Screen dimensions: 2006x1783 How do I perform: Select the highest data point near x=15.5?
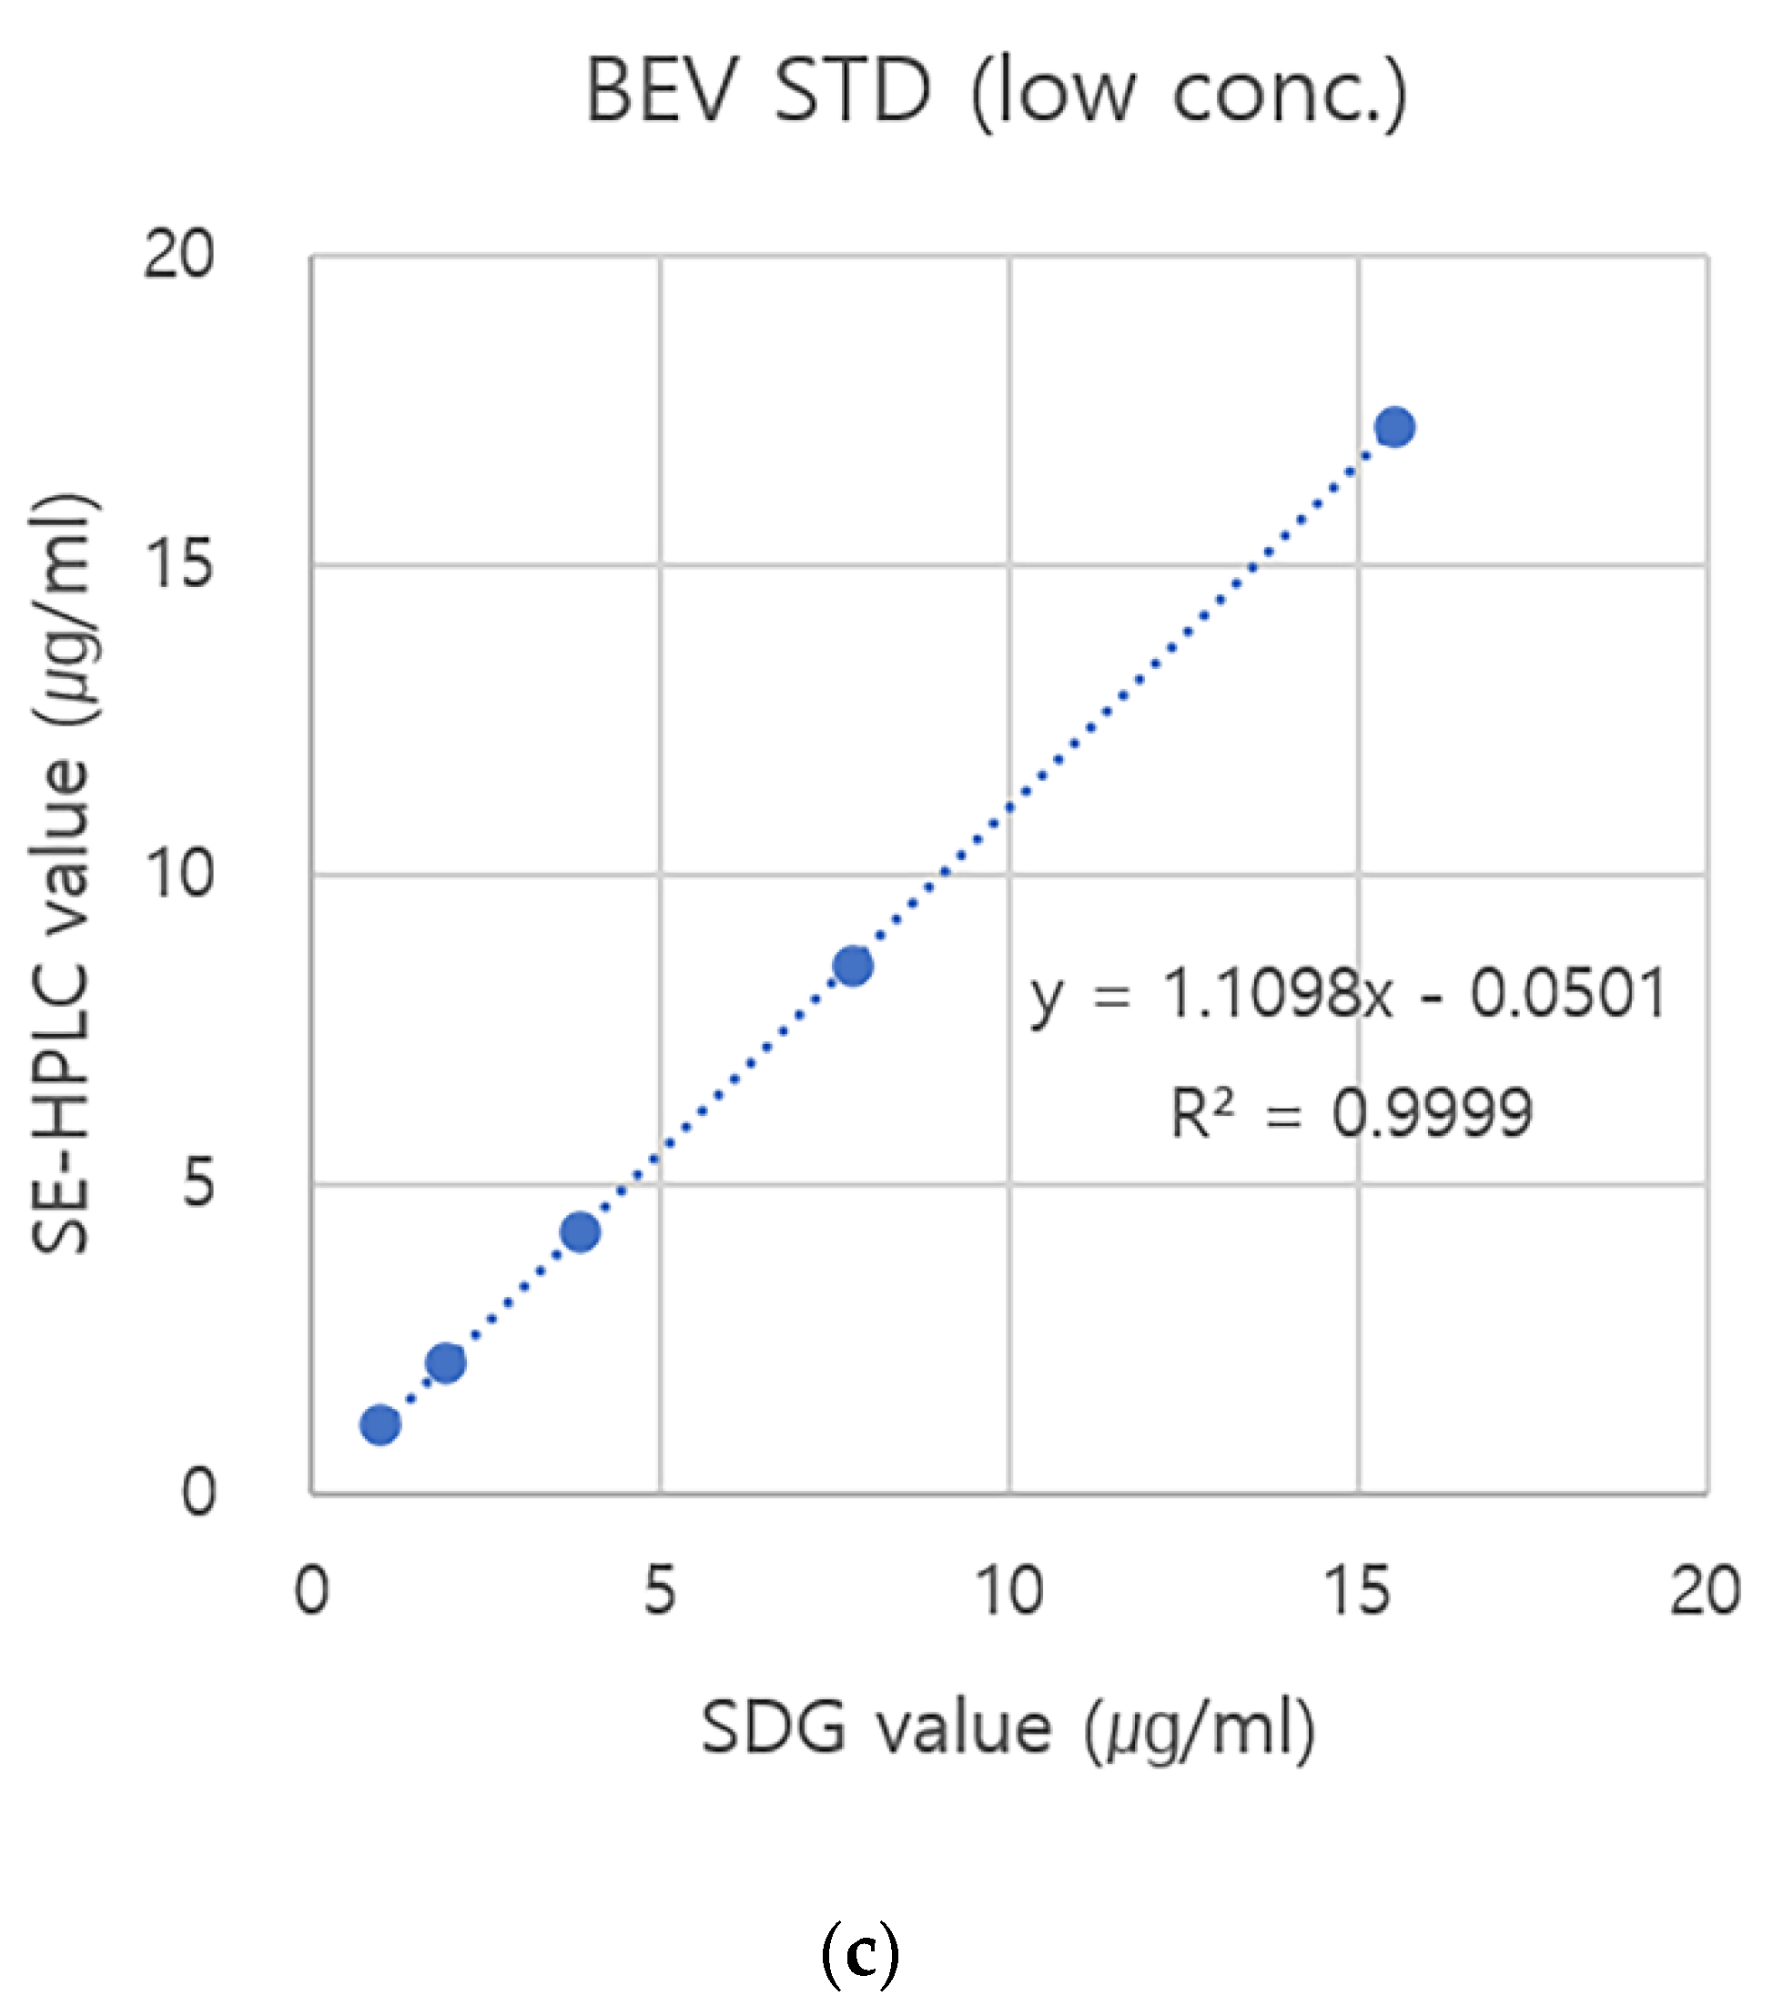1394,427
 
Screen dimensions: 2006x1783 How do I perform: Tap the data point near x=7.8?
853,967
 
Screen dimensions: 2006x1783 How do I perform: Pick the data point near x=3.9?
580,1231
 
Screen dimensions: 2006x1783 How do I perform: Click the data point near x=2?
445,1363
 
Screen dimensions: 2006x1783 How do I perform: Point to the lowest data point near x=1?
380,1424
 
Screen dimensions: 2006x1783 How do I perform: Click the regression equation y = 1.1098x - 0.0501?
1347,994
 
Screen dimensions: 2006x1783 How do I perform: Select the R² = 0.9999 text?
1351,1114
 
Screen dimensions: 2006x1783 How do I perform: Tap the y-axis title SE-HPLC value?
61,874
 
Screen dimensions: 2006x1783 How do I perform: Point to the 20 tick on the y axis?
177,255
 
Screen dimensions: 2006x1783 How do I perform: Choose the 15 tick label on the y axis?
177,564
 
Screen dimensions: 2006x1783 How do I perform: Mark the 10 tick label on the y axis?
177,874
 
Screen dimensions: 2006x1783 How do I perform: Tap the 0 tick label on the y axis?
198,1493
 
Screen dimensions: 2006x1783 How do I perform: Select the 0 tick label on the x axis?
312,1591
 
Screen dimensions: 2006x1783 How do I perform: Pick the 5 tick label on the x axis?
661,1591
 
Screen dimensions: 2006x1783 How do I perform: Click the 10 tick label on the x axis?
1008,1591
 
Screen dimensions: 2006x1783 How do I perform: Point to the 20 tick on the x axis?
1706,1591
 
